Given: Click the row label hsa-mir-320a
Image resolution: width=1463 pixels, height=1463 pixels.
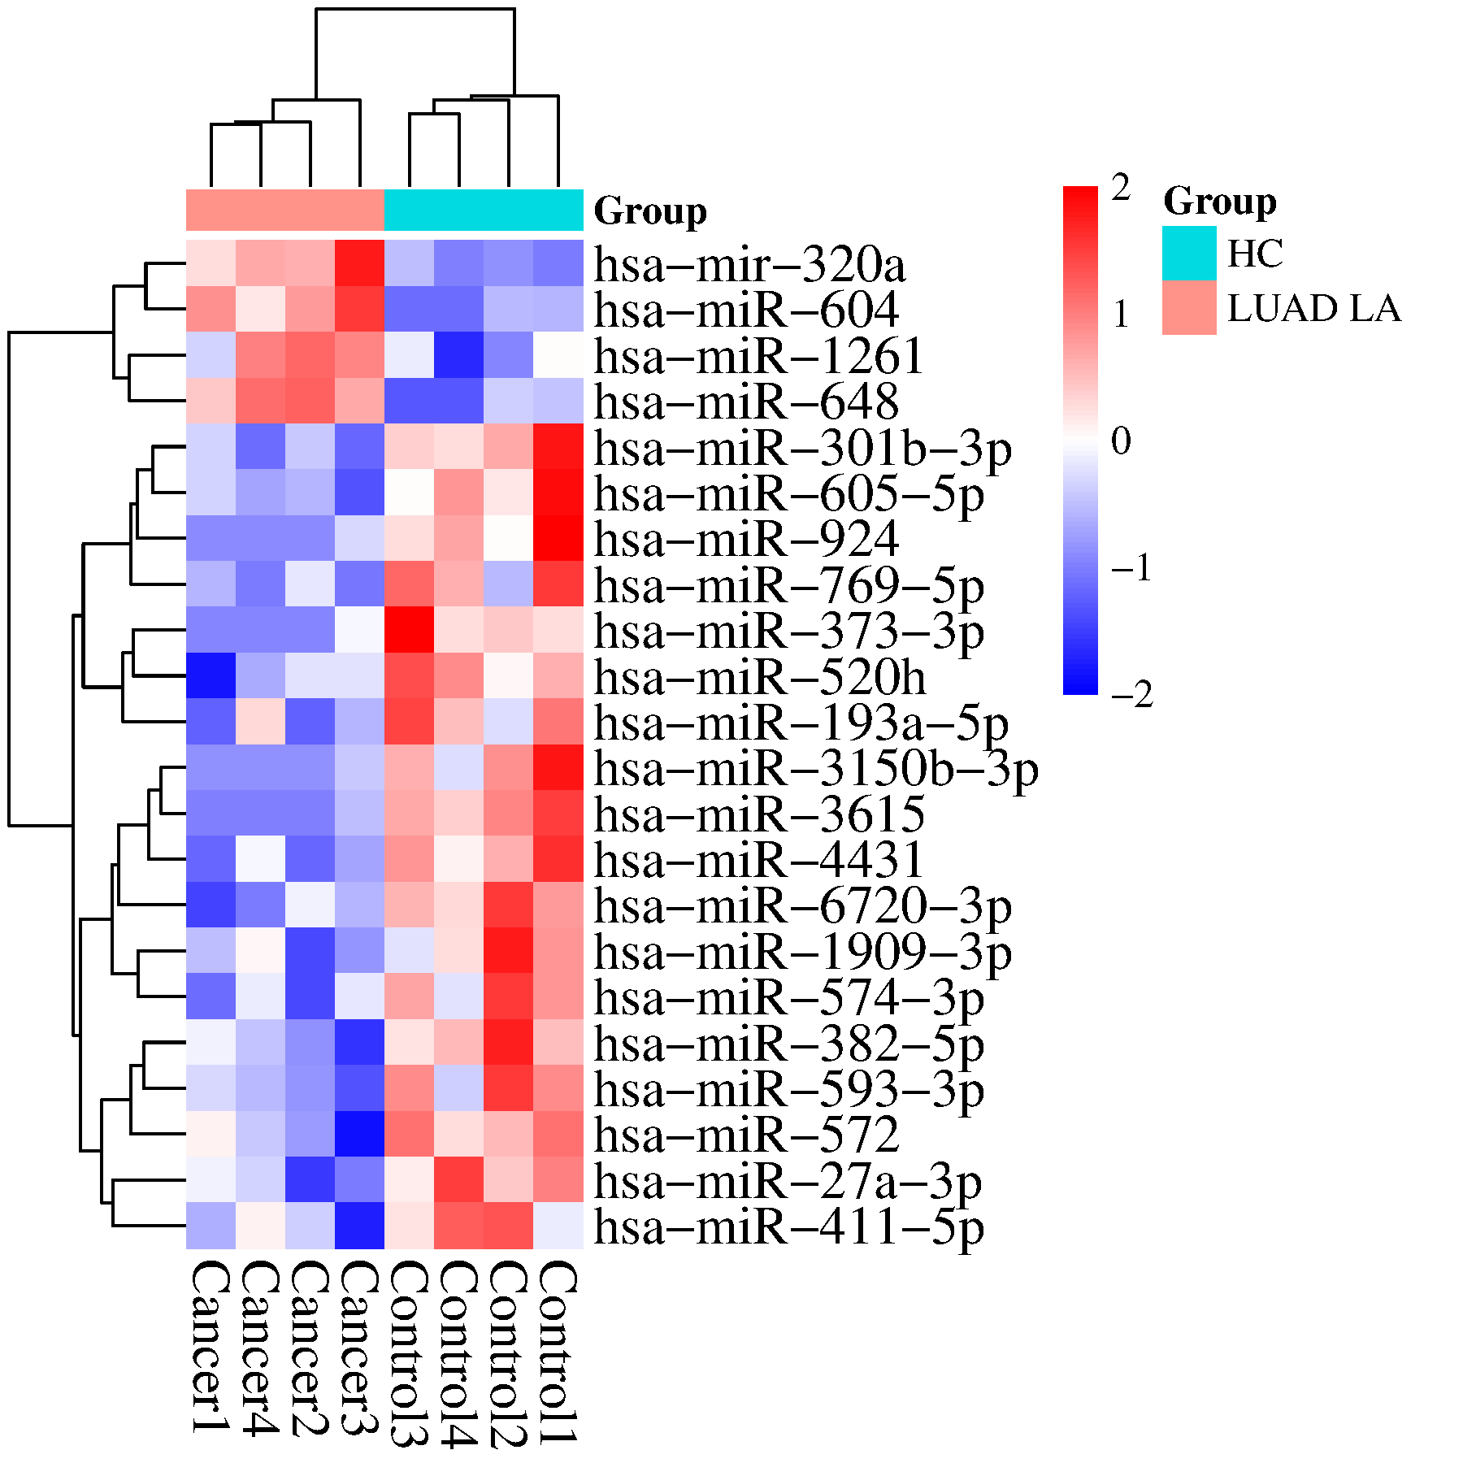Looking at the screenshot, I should (749, 265).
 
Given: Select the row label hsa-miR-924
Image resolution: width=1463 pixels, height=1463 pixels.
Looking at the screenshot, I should (746, 539).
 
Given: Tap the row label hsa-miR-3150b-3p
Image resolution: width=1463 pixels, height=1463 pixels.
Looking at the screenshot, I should (816, 769).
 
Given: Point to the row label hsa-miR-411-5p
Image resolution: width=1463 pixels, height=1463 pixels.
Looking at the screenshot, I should (788, 1226).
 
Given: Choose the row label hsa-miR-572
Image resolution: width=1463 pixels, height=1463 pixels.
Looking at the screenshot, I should (746, 1135).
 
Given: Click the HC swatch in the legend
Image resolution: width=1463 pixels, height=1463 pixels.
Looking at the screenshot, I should (1188, 253).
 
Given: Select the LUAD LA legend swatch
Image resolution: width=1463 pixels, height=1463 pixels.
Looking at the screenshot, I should (1188, 308).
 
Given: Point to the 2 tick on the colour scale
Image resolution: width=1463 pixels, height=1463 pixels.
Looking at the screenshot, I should (1122, 188).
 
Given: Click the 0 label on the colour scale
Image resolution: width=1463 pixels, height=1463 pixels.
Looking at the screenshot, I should (1122, 441).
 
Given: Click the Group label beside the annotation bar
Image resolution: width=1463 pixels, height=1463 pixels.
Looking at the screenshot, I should (650, 211).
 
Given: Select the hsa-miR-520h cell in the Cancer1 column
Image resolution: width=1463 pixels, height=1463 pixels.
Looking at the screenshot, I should (211, 675).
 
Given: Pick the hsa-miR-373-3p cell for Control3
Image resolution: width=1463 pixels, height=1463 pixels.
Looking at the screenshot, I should (409, 630).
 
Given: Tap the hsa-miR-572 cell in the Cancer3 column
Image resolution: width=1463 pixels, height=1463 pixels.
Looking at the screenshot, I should (359, 1134).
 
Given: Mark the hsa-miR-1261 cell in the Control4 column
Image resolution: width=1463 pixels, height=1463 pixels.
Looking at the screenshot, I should (458, 355).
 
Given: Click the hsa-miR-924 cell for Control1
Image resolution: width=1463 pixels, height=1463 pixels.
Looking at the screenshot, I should (558, 538).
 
